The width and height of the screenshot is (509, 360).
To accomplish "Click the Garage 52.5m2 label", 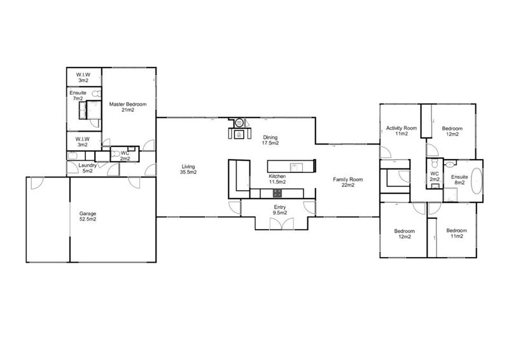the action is pos(88,216).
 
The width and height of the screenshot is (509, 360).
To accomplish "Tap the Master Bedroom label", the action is pos(128,107).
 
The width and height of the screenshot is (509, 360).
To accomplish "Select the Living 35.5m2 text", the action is pos(188,169).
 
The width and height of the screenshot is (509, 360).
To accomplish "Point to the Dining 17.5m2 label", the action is pos(270,140).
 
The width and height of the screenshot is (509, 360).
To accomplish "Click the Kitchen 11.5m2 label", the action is pos(277,179).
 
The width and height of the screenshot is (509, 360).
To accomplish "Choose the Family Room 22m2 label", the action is pos(348,182).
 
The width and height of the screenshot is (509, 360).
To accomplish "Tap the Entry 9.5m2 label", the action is pos(280,210).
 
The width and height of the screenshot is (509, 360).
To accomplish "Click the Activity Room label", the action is pos(401,131).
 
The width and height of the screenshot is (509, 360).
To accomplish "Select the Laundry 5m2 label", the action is pos(88,168).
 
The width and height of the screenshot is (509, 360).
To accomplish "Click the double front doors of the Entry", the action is pos(282,223).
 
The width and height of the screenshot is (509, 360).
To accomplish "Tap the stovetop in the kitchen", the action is pos(277,193).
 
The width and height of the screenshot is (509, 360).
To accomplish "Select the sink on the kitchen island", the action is pos(296,167).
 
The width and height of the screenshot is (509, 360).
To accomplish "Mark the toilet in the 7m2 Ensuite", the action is pos(96,93).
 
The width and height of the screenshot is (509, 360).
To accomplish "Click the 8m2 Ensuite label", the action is pos(459,180).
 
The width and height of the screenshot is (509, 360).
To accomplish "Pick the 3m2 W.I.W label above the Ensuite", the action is pos(83,78).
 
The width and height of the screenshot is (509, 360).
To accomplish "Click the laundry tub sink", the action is pos(72,156).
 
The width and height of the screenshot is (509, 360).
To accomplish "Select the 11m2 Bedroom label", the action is pos(457,233).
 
